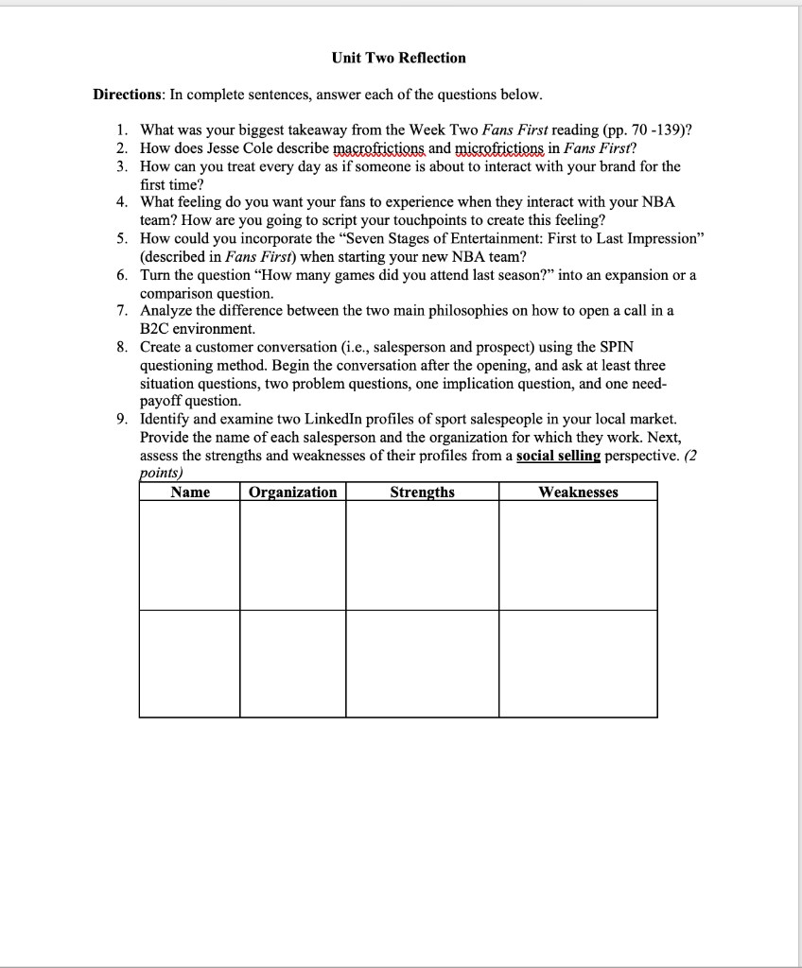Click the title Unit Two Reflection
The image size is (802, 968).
pos(398,58)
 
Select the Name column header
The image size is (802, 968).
pos(190,492)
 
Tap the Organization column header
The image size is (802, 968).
pos(293,492)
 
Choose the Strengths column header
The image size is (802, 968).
pos(422,492)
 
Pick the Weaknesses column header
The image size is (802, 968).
pos(578,492)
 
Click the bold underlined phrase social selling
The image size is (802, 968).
pos(558,455)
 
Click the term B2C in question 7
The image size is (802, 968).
pos(157,329)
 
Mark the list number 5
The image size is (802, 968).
pos(122,239)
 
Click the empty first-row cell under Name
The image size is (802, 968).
pos(189,555)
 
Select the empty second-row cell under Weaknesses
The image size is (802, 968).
pos(578,663)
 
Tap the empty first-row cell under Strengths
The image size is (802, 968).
pos(422,555)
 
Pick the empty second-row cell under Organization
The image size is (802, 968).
pos(293,663)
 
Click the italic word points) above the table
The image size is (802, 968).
pos(161,472)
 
